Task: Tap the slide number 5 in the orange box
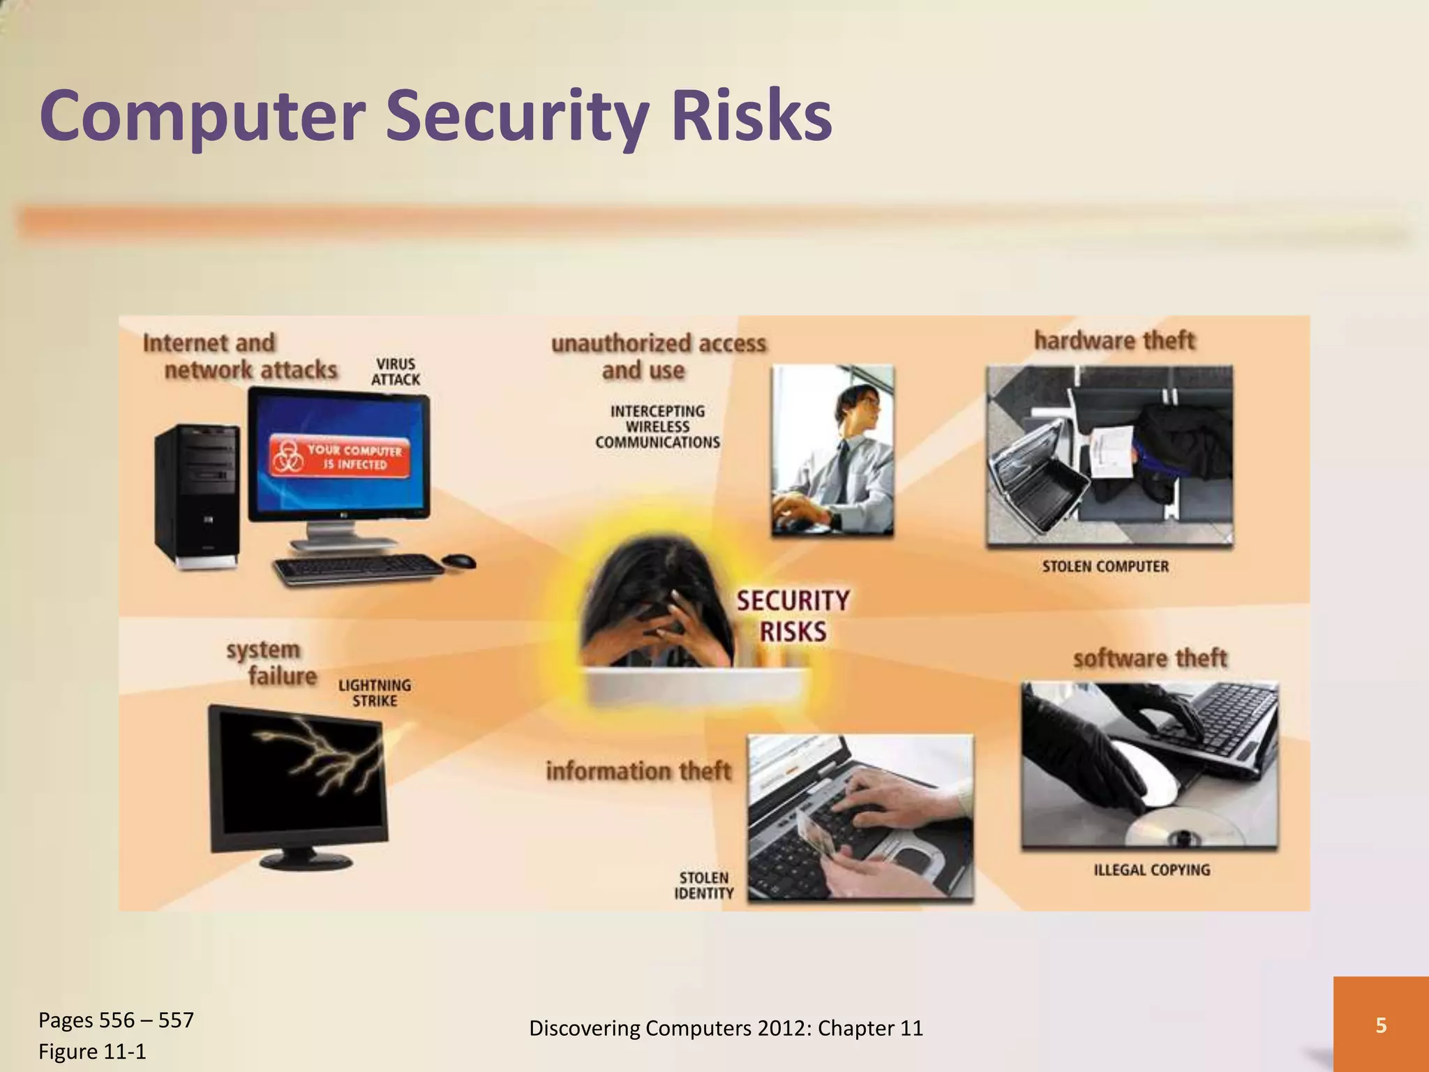tap(1380, 1025)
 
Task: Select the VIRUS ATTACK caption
tap(396, 372)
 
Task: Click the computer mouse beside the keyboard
tap(458, 560)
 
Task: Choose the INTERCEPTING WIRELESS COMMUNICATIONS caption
tap(657, 426)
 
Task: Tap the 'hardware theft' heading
tap(1114, 341)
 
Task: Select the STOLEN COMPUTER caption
tap(1105, 566)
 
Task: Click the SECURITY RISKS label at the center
tap(793, 616)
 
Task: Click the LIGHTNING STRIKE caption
tap(375, 693)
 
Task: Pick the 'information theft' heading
tap(638, 771)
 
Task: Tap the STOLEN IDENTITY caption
tap(703, 885)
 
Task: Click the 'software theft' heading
tap(1149, 658)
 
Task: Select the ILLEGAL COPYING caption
tap(1151, 870)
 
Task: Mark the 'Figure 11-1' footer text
tap(92, 1051)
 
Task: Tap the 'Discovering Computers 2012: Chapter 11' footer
tap(726, 1028)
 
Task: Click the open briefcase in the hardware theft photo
tap(1040, 482)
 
